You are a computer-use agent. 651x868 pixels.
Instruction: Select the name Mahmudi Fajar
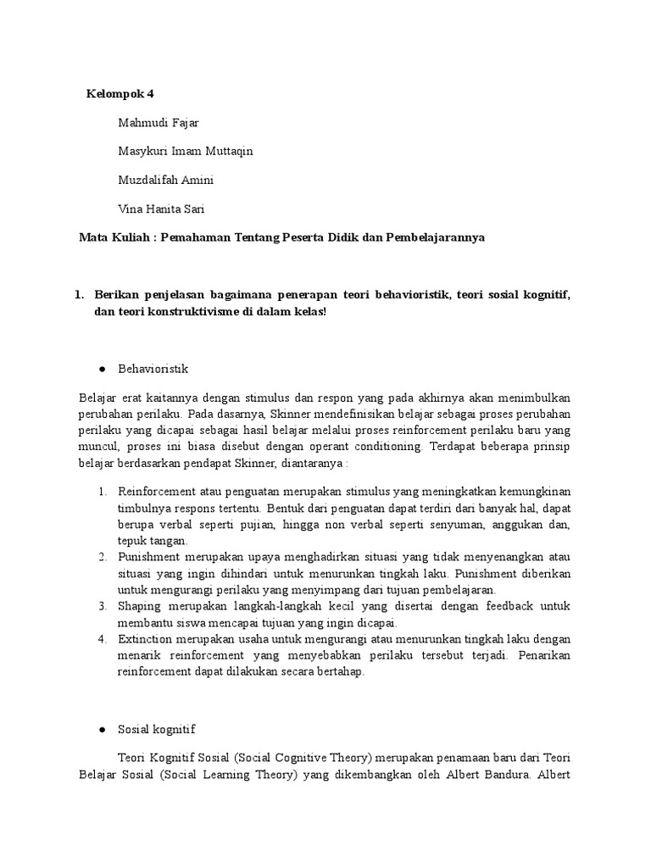pyautogui.click(x=159, y=122)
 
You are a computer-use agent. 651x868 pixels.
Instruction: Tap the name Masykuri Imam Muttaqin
pyautogui.click(x=186, y=151)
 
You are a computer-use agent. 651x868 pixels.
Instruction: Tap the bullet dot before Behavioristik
pyautogui.click(x=102, y=370)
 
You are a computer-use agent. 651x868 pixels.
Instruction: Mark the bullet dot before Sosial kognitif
pyautogui.click(x=102, y=728)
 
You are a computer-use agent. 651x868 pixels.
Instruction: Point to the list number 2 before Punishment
pyautogui.click(x=101, y=557)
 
